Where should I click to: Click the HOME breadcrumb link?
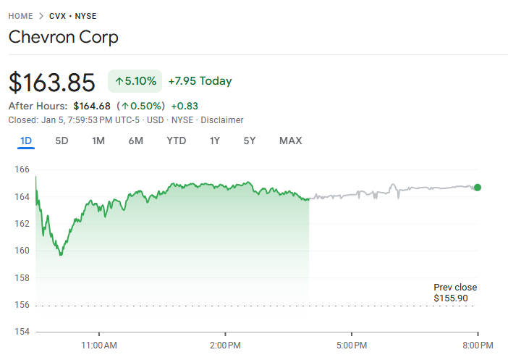21,15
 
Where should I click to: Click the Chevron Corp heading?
63,37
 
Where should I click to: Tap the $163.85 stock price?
51,82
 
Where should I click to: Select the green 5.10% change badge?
135,81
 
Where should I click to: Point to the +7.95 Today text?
200,81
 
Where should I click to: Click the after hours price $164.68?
91,106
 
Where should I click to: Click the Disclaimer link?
222,120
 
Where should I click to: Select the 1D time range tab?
26,141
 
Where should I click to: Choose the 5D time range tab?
62,141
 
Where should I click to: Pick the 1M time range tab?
98,141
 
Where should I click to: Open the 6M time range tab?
135,141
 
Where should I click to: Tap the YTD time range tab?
176,141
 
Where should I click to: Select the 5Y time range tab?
249,141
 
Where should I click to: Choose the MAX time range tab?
290,141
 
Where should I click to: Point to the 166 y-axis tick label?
21,169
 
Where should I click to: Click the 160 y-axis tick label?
21,251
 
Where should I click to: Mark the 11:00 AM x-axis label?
99,345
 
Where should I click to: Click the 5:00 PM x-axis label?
352,345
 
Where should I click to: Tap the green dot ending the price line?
477,188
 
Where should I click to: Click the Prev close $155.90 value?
450,298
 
